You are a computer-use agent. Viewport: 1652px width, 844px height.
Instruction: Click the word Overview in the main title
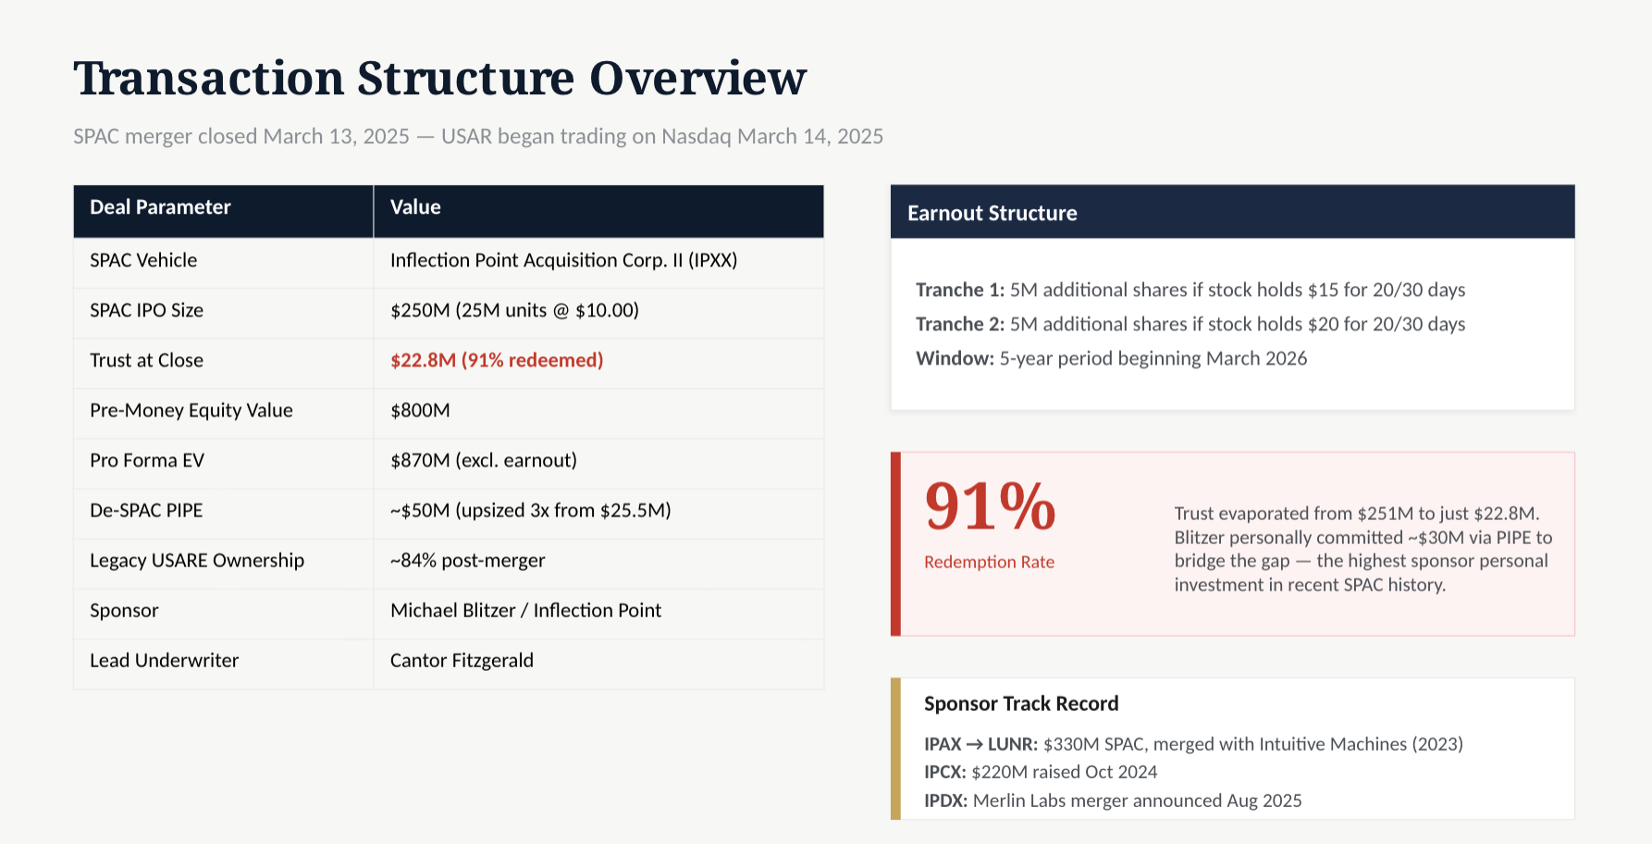point(697,78)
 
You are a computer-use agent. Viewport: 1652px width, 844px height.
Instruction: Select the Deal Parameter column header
point(160,207)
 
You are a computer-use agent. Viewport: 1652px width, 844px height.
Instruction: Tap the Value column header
point(415,207)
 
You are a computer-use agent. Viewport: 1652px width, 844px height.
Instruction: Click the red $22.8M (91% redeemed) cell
point(497,360)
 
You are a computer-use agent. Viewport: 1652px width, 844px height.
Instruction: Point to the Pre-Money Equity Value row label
point(191,411)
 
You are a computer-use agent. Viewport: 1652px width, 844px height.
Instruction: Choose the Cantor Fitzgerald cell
point(462,661)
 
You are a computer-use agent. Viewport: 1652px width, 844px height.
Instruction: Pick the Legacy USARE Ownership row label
point(197,561)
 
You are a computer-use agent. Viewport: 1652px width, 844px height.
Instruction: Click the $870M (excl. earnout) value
point(484,461)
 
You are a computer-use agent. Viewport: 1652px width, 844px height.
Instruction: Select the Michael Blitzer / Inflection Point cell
point(525,611)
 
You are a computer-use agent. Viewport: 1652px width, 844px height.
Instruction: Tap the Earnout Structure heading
point(992,213)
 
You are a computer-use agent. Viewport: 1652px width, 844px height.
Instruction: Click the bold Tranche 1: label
point(960,290)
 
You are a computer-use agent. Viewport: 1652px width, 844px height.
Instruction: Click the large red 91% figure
point(990,506)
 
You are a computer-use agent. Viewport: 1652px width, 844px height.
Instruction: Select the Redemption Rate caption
point(989,562)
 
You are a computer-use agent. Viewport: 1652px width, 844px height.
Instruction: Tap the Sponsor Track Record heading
point(1021,703)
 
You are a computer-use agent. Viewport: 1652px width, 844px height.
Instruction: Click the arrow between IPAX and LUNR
point(975,744)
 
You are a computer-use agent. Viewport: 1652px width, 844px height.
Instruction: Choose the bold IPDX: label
point(945,801)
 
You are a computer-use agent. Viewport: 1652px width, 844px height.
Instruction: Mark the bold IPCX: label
point(945,772)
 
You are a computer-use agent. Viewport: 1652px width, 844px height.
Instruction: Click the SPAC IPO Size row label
point(146,311)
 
